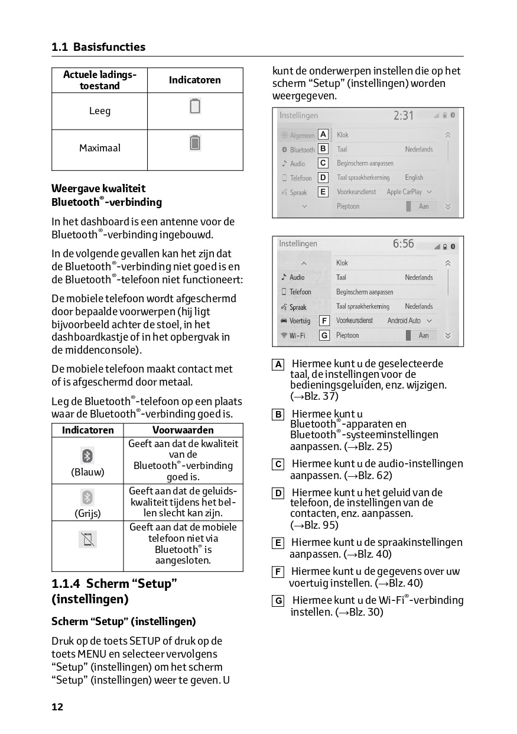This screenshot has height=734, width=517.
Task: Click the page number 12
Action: click(x=57, y=707)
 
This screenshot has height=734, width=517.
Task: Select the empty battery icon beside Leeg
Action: click(x=195, y=106)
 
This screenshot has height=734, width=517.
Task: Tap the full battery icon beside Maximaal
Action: click(x=195, y=143)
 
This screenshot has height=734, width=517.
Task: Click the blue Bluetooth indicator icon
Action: click(x=87, y=455)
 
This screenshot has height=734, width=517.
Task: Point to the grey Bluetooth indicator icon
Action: click(x=87, y=497)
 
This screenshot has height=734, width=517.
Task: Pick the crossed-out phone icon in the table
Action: click(x=87, y=539)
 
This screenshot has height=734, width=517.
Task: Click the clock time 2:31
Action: click(x=404, y=116)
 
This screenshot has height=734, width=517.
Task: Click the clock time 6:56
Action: click(x=404, y=244)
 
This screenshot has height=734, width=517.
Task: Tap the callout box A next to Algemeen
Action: click(x=323, y=135)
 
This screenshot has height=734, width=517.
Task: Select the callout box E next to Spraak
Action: click(x=323, y=192)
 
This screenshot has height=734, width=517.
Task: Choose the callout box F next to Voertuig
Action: click(x=324, y=321)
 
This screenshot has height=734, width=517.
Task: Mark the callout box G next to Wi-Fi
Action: click(x=324, y=335)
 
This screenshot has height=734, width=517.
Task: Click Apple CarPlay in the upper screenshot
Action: click(x=405, y=192)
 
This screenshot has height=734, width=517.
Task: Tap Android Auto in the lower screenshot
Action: click(x=404, y=321)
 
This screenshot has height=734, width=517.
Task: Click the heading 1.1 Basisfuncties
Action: click(x=98, y=47)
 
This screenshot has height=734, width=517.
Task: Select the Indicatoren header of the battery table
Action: click(x=195, y=80)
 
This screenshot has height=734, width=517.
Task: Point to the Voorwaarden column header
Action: click(x=183, y=430)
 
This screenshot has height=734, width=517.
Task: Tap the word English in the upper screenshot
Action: click(x=414, y=177)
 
